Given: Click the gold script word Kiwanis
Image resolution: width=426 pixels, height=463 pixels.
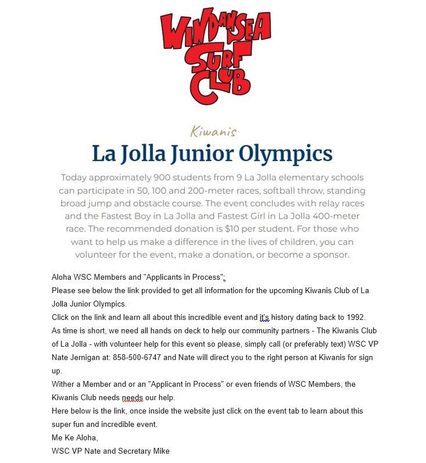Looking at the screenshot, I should [x=213, y=131].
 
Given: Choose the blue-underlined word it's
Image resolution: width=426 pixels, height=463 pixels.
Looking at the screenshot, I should [x=265, y=318].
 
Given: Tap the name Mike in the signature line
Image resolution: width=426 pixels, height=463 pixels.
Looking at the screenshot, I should [x=159, y=451].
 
